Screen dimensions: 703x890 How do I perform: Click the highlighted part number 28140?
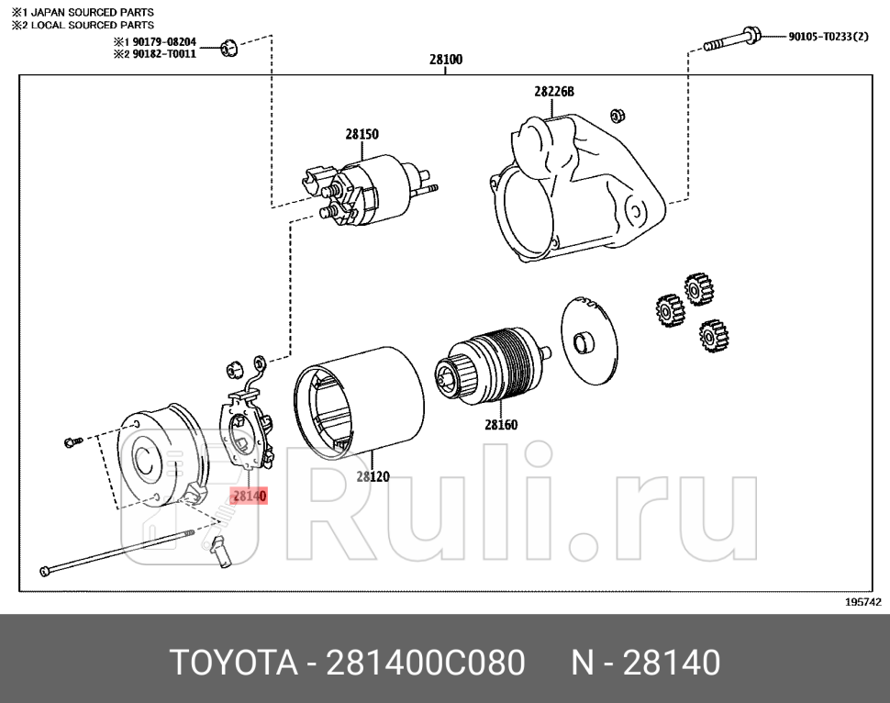pyautogui.click(x=249, y=496)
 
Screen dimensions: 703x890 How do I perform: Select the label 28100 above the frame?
pyautogui.click(x=446, y=60)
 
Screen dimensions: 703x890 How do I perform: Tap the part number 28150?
pyautogui.click(x=362, y=134)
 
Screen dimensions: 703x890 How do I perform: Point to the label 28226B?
pyautogui.click(x=553, y=92)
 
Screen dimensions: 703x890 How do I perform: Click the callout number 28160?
pyautogui.click(x=501, y=424)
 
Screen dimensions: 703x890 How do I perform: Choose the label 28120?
pyautogui.click(x=373, y=476)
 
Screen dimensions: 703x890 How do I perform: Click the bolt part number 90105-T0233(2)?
pyautogui.click(x=828, y=37)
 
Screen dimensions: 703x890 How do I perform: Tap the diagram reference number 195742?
pyautogui.click(x=862, y=602)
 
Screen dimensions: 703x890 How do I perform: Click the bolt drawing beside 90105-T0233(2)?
pyautogui.click(x=731, y=40)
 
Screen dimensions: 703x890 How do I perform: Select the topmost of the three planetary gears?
pyautogui.click(x=699, y=288)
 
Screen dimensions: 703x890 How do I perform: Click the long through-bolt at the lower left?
pyautogui.click(x=119, y=550)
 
